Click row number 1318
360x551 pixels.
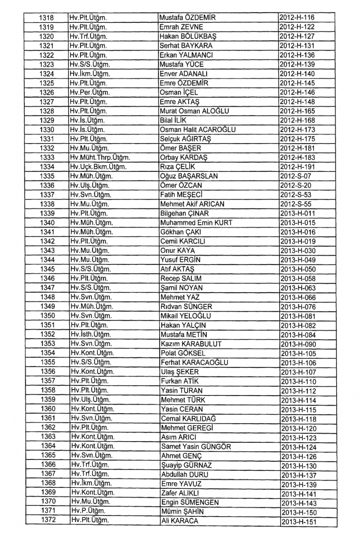[x=46, y=18]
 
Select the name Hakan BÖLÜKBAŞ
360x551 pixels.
[x=188, y=36]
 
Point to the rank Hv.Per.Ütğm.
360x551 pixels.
[x=90, y=92]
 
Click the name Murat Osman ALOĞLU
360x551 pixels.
[x=194, y=111]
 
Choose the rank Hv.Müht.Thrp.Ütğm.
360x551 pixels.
[x=100, y=158]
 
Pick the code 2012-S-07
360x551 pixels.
[x=296, y=176]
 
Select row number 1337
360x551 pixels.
[x=47, y=195]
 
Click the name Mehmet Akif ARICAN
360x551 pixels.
[x=192, y=204]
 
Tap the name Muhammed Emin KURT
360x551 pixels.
[x=196, y=223]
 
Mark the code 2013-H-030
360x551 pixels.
[x=298, y=251]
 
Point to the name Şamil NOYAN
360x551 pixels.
[x=181, y=288]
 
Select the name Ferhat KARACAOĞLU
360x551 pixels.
[x=194, y=362]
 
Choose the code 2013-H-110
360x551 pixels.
[x=298, y=381]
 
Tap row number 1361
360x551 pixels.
[x=48, y=418]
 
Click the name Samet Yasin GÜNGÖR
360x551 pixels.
[x=196, y=447]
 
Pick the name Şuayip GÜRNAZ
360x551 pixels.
[x=186, y=465]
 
